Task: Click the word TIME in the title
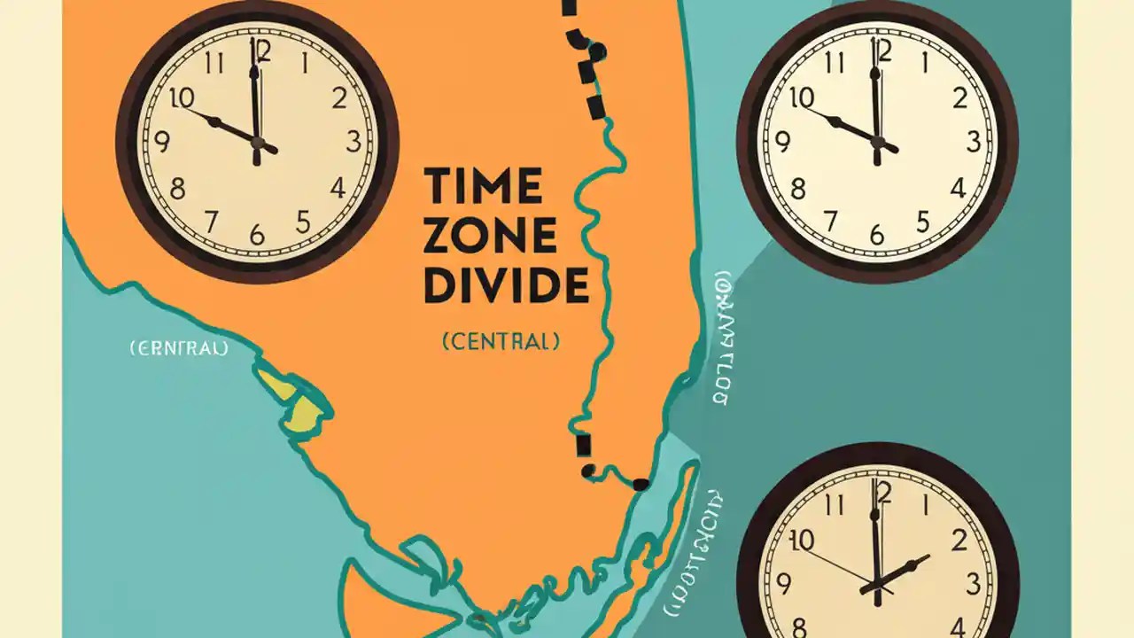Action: point(483,186)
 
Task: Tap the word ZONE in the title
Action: point(490,236)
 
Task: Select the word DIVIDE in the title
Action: point(506,285)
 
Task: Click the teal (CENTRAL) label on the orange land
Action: point(501,340)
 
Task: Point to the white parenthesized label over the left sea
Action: point(179,348)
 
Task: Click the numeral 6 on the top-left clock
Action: point(257,234)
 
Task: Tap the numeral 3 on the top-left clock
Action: point(353,142)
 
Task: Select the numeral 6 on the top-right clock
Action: point(877,234)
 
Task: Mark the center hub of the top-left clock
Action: point(257,142)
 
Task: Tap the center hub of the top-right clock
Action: point(877,142)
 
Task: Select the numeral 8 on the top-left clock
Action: point(178,188)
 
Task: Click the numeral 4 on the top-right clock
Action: point(958,188)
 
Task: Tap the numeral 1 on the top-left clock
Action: point(306,64)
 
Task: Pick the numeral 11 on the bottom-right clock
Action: point(833,505)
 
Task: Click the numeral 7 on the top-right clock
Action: point(830,220)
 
